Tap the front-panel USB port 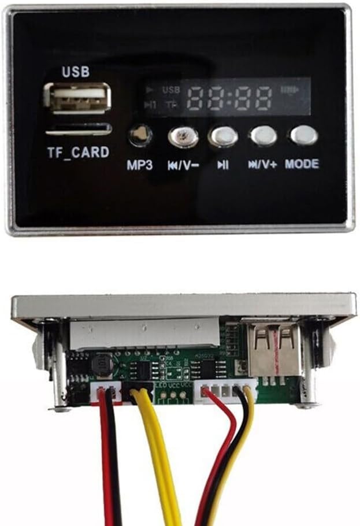(77, 99)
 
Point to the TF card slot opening (79, 129)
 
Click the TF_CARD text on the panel (78, 153)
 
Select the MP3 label (140, 165)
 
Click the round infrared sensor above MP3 (140, 136)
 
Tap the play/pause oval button (223, 136)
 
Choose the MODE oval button (304, 135)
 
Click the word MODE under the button (301, 164)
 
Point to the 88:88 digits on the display (231, 98)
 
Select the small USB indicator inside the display (172, 90)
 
